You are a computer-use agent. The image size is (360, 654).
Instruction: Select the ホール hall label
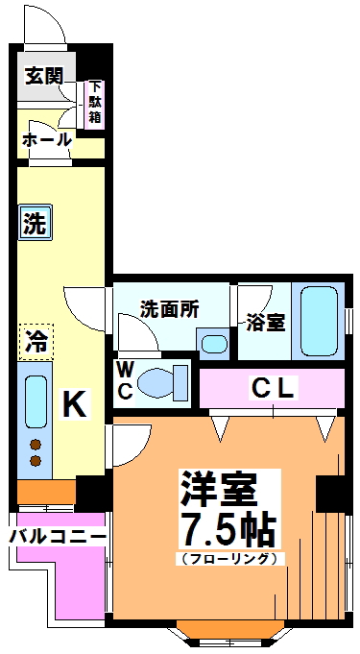pos(46,140)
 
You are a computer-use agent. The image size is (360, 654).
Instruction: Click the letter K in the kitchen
pos(74,404)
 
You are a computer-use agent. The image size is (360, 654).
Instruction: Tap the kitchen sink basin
pos(36,400)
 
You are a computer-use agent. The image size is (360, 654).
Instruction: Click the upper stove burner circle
pos(36,444)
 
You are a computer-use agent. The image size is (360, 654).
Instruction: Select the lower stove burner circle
pos(36,461)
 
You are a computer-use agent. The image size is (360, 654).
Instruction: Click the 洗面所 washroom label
pos(169,309)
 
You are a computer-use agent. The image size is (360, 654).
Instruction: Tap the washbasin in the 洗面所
pos(213,343)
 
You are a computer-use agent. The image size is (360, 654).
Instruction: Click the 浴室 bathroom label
pos(264,322)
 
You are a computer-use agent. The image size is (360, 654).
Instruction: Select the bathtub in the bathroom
pos(317,321)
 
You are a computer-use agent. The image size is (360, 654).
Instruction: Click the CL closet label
pos(275,388)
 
